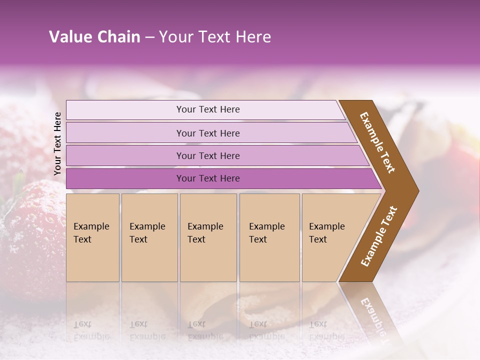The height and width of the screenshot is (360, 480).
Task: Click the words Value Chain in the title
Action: tap(94, 37)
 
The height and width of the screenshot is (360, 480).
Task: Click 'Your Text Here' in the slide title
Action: tap(215, 37)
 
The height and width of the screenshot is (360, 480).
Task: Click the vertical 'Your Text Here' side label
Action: tap(57, 143)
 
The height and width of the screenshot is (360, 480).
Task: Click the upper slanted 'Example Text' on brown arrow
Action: tap(377, 142)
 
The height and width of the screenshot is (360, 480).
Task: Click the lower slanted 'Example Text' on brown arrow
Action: tap(379, 236)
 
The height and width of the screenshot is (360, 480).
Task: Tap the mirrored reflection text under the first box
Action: tap(91, 330)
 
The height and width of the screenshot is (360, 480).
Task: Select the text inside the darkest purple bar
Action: tap(208, 178)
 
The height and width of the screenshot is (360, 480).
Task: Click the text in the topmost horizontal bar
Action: tap(208, 109)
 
